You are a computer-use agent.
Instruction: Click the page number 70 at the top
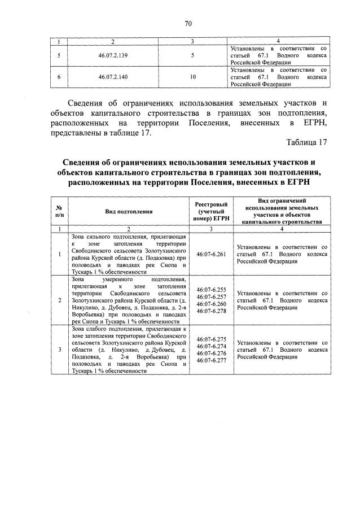coord(188,23)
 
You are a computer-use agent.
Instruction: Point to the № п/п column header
coord(59,211)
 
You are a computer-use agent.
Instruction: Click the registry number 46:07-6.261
coord(210,254)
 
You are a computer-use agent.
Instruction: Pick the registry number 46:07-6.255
coord(210,290)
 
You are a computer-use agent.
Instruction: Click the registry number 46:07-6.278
coord(210,311)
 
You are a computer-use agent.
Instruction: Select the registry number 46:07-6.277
coord(210,360)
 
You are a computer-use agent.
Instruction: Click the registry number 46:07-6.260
coord(210,304)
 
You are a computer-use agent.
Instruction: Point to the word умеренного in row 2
coord(121,279)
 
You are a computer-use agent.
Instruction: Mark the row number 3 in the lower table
coord(59,350)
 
